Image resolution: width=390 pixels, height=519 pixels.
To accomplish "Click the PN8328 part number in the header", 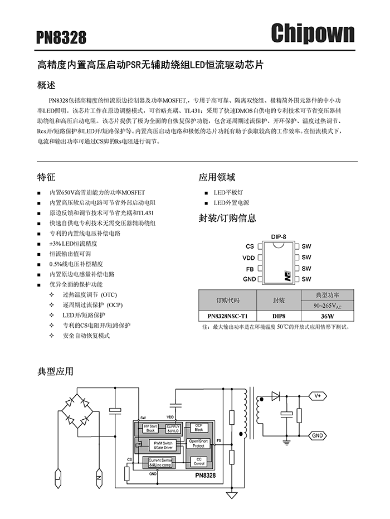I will click(x=61, y=37).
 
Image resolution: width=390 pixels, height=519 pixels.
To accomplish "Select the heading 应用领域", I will click(x=217, y=177).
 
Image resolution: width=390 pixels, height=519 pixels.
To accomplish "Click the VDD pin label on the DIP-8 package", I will click(x=248, y=258).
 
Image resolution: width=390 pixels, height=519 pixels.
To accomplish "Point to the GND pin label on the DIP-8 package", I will click(x=249, y=279).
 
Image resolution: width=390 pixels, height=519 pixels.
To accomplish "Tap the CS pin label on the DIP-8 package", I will click(x=250, y=246).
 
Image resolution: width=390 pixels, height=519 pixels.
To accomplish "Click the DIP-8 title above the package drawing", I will click(x=279, y=236).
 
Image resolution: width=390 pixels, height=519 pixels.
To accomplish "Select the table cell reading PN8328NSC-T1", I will click(x=227, y=316).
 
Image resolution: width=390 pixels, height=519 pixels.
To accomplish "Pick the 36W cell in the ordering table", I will click(x=327, y=316).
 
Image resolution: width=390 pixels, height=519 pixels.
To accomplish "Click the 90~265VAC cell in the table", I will click(x=327, y=305).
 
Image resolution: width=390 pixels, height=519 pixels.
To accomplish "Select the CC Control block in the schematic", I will click(x=198, y=461).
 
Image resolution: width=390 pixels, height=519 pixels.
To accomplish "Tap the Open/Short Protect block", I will click(x=198, y=444).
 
